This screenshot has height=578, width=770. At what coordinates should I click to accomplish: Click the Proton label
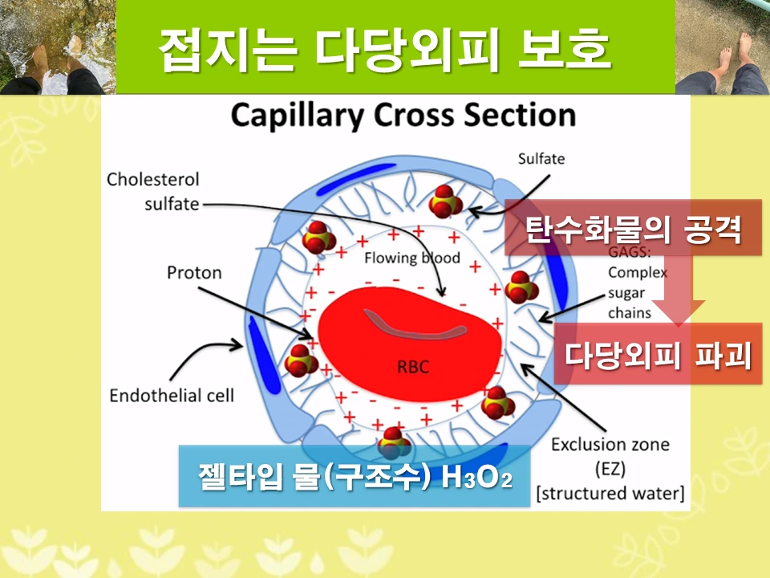coord(193,273)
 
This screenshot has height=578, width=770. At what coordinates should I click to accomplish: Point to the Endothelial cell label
coord(172,396)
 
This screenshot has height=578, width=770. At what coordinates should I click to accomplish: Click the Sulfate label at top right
coord(541,159)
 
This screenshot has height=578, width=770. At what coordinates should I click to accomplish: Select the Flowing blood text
coord(411,258)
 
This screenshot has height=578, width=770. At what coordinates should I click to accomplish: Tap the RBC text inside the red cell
coord(413,368)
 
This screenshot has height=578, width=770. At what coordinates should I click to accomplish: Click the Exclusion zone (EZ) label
coord(610,454)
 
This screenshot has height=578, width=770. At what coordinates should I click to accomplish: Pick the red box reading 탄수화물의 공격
coord(632,228)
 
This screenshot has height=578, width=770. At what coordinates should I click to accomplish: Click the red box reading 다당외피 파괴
coord(658,354)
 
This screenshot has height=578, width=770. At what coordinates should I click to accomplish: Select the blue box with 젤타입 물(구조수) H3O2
coord(355,476)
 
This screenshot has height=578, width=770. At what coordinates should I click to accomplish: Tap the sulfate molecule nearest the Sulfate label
coord(445,201)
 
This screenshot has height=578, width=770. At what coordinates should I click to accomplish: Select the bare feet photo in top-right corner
coord(722,47)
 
